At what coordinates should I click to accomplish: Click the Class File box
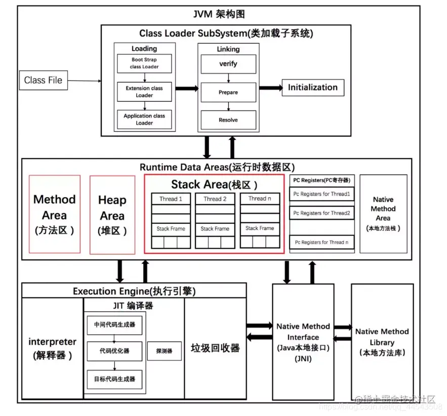[x=44, y=80]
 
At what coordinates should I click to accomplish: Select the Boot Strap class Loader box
[x=144, y=63]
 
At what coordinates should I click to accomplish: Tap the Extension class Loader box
[x=144, y=92]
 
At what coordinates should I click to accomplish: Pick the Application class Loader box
[x=144, y=119]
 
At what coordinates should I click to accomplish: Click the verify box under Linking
[x=228, y=64]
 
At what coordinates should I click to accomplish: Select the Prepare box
[x=228, y=92]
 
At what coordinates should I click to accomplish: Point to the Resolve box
[x=228, y=120]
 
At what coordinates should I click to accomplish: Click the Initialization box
[x=312, y=87]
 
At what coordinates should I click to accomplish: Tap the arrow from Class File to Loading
[x=84, y=81]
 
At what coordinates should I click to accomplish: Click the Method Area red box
[x=55, y=214]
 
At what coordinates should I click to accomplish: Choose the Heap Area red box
[x=112, y=214]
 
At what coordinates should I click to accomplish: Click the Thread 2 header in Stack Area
[x=215, y=199]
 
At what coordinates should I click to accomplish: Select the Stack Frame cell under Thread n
[x=260, y=229]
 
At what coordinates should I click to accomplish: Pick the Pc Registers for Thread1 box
[x=322, y=194]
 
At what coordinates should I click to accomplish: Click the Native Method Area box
[x=383, y=213]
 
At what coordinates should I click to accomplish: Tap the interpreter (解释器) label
[x=53, y=348]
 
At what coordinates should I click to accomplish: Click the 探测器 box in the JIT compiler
[x=164, y=351]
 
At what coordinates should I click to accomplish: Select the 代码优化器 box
[x=114, y=351]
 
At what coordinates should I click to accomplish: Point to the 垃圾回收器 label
[x=215, y=348]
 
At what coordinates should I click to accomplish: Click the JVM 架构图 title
[x=220, y=14]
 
